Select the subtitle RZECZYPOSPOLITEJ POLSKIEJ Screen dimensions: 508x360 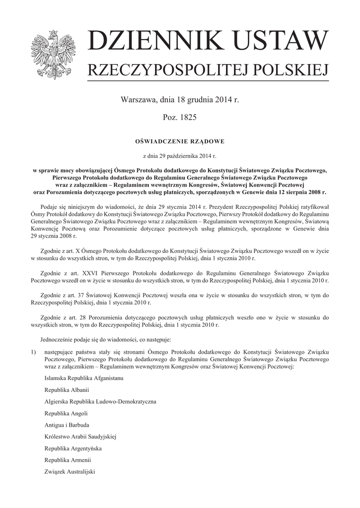click(208, 71)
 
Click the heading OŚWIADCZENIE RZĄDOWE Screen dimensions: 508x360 click(180, 141)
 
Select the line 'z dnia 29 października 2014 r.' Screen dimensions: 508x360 click(180, 156)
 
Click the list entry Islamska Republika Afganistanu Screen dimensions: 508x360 click(83, 378)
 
